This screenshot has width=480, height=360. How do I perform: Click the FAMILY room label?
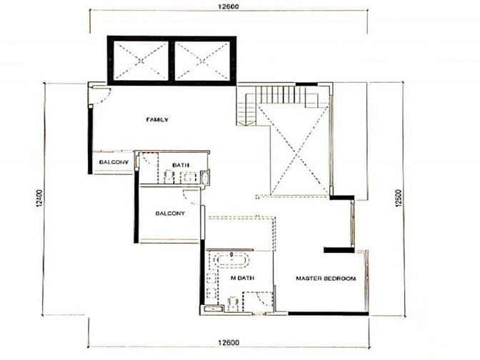[x=157, y=120]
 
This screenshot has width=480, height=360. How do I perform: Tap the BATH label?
[x=181, y=165]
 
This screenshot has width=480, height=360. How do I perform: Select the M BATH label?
[x=242, y=278]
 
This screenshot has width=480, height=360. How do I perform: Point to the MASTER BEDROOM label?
[x=326, y=279]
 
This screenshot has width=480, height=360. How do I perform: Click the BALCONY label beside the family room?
[x=114, y=162]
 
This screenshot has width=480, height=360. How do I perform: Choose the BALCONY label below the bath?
[x=170, y=214]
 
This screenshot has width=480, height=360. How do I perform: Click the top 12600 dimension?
[x=229, y=6]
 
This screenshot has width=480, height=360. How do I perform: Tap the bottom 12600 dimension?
[x=229, y=342]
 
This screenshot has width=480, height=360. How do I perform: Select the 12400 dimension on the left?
[x=39, y=199]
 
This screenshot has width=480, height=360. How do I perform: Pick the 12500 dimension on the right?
[x=398, y=199]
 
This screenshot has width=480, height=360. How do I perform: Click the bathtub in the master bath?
[x=231, y=261]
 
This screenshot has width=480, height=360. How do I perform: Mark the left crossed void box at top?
[x=141, y=61]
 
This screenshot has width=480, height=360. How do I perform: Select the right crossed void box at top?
[x=202, y=61]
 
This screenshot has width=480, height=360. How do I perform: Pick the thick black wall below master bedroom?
[x=328, y=314]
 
